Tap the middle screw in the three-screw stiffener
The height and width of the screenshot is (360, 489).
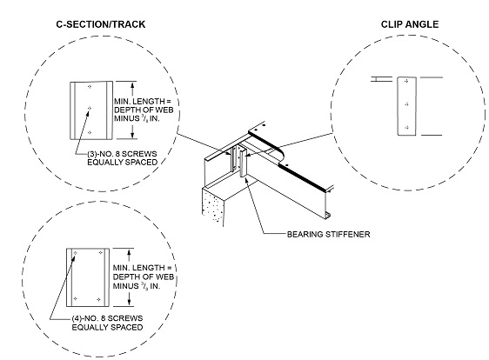pyautogui.click(x=90, y=109)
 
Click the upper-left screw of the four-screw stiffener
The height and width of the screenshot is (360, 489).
pyautogui.click(x=77, y=254)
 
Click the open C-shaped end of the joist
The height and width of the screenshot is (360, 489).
pyautogui.click(x=326, y=215)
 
